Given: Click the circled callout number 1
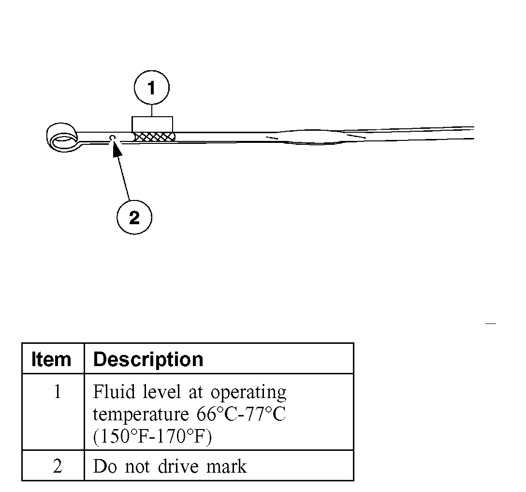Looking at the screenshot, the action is [152, 88].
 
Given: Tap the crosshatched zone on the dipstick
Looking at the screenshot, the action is [154, 138].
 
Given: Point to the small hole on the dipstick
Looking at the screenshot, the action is [112, 138].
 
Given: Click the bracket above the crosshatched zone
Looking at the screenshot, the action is [152, 123].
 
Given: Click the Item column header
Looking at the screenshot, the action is [51, 359].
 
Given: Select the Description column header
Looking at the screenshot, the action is [148, 359].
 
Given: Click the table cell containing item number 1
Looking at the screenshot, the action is [57, 392].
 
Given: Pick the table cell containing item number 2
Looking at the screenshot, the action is [57, 466].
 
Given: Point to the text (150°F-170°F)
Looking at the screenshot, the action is [152, 437].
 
